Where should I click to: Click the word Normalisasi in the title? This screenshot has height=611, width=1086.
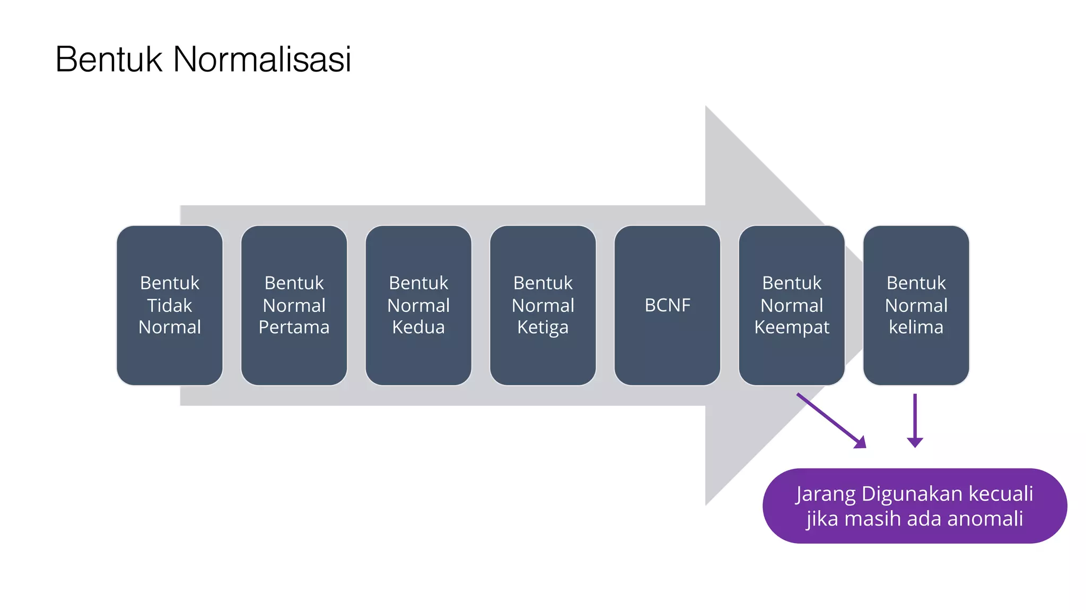[262, 59]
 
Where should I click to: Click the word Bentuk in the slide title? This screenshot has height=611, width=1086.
[109, 59]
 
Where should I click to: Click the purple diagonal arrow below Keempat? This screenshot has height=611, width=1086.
[831, 421]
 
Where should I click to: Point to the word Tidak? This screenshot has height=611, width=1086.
[170, 305]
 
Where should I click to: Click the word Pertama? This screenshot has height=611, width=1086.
[294, 327]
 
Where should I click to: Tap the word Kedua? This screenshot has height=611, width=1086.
[418, 327]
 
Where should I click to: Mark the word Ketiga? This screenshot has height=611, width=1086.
[542, 327]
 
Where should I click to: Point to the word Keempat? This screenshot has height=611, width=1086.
[791, 327]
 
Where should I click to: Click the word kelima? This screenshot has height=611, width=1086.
[916, 327]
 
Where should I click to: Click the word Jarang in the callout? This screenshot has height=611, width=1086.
[825, 494]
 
